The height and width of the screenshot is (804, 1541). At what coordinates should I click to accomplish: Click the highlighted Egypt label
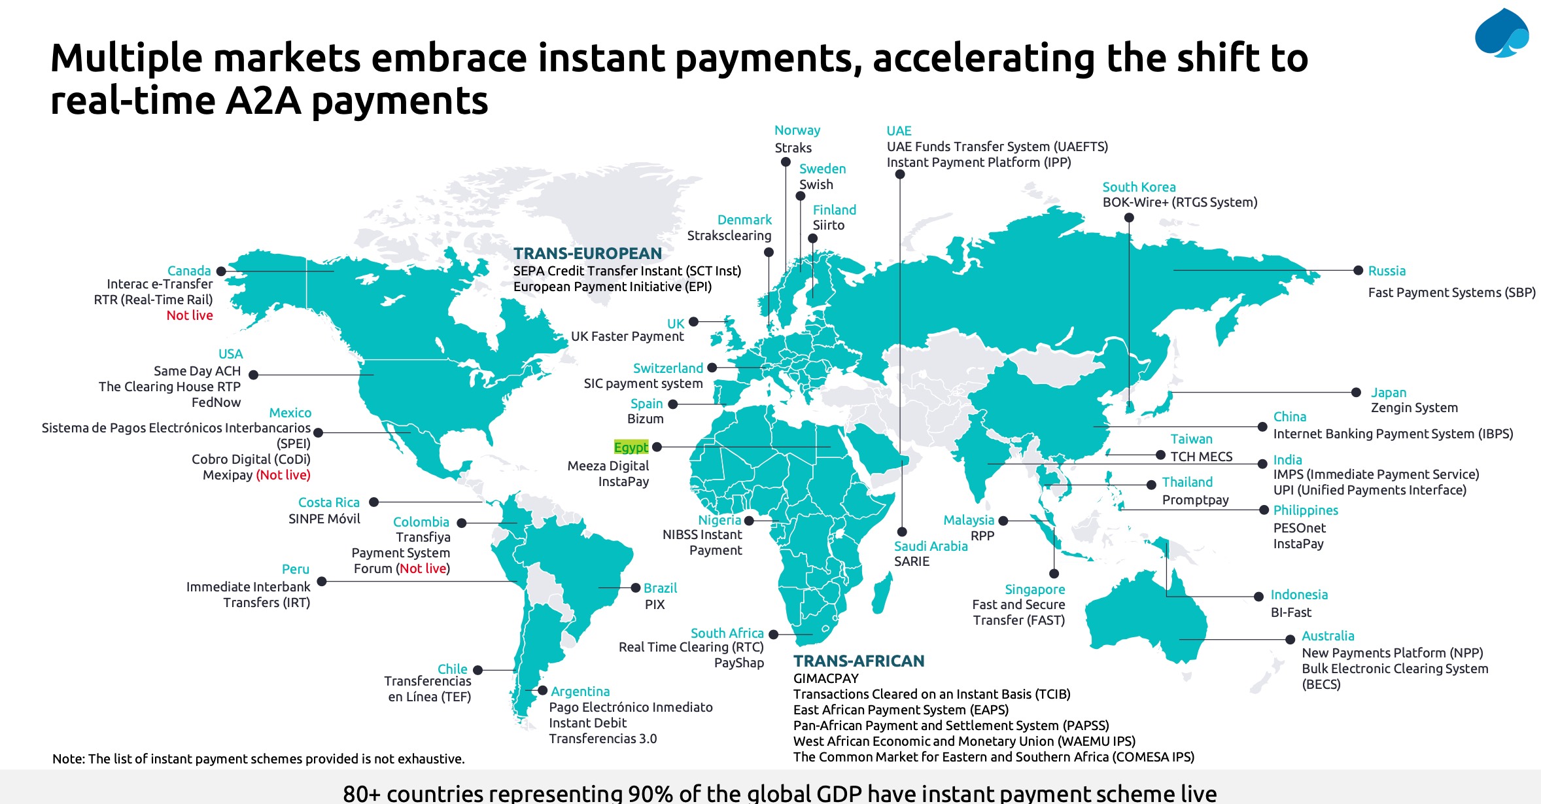pyautogui.click(x=631, y=447)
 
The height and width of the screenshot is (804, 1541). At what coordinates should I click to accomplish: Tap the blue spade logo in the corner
pyautogui.click(x=1501, y=33)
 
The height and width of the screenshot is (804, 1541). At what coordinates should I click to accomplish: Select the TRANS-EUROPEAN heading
pyautogui.click(x=587, y=253)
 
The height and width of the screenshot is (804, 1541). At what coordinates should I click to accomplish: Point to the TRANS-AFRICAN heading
pyautogui.click(x=859, y=661)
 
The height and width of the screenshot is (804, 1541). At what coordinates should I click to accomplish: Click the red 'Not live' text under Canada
pyautogui.click(x=190, y=315)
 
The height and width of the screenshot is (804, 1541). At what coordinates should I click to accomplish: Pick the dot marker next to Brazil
pyautogui.click(x=635, y=587)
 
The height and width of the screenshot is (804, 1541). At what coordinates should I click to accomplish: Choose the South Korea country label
pyautogui.click(x=1139, y=187)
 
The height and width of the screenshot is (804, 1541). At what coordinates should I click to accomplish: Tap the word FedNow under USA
pyautogui.click(x=216, y=402)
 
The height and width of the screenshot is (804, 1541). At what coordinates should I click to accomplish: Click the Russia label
pyautogui.click(x=1387, y=271)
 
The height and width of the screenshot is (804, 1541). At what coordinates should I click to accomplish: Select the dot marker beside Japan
pyautogui.click(x=1357, y=392)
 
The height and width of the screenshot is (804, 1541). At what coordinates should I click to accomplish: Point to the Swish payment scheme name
pyautogui.click(x=816, y=184)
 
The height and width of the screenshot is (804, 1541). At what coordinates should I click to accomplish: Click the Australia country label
pyautogui.click(x=1328, y=636)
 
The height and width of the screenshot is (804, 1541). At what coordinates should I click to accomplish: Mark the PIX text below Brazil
pyautogui.click(x=655, y=604)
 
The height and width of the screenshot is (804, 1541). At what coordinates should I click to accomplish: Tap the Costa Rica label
pyautogui.click(x=328, y=502)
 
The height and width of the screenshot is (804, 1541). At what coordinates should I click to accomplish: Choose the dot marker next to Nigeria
pyautogui.click(x=749, y=520)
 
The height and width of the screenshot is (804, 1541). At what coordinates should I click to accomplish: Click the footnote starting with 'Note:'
pyautogui.click(x=258, y=759)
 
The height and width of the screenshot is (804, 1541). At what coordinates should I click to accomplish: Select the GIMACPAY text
pyautogui.click(x=825, y=678)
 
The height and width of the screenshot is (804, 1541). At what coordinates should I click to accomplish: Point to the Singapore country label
pyautogui.click(x=1035, y=589)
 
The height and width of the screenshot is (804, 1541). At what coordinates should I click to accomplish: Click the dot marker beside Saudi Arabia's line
pyautogui.click(x=902, y=532)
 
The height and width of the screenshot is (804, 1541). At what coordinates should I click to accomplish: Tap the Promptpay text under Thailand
pyautogui.click(x=1195, y=500)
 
